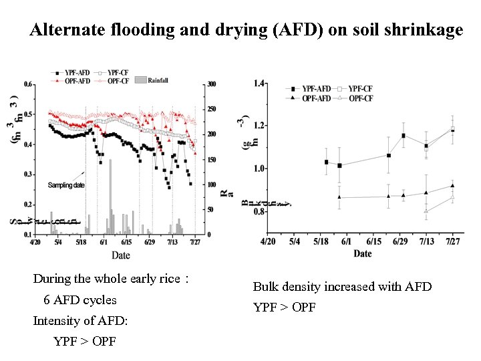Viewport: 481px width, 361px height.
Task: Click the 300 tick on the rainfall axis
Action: (211, 84)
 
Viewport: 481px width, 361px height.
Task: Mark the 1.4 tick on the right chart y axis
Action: (259, 83)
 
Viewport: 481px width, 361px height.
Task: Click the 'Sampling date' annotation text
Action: (66, 185)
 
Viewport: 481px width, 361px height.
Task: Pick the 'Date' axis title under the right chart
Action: (363, 253)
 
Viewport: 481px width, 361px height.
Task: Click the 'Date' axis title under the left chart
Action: (121, 255)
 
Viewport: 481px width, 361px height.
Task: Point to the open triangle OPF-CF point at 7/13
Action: (426, 211)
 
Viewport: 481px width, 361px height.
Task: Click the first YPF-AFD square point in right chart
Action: (326, 162)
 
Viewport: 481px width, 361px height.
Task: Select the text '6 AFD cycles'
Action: (79, 300)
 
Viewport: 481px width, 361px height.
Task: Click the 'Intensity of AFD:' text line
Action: (80, 321)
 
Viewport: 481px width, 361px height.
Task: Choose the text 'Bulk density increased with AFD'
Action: (342, 287)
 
